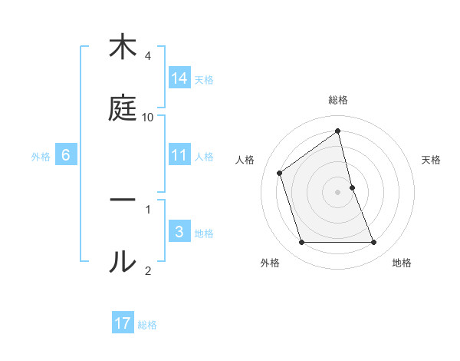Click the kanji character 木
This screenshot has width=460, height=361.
click(x=123, y=48)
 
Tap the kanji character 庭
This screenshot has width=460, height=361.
click(x=123, y=109)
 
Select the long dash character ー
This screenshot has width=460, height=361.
click(x=123, y=199)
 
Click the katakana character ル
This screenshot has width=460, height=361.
click(x=123, y=260)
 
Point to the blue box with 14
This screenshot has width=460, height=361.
click(x=179, y=78)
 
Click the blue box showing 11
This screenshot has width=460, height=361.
click(x=179, y=154)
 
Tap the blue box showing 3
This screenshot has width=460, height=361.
click(x=179, y=232)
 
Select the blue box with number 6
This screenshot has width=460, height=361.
click(x=66, y=155)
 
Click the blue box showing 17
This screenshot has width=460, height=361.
click(x=123, y=323)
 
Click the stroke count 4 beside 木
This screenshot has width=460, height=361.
click(x=148, y=56)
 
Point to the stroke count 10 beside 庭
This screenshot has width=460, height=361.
click(x=148, y=117)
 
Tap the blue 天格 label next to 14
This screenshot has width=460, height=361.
click(x=204, y=79)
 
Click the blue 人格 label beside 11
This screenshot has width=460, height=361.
click(x=204, y=156)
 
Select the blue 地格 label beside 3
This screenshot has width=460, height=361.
click(x=204, y=233)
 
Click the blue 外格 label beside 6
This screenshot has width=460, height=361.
click(x=41, y=157)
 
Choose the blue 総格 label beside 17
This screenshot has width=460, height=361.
click(x=147, y=325)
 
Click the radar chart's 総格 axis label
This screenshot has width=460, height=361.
click(x=338, y=100)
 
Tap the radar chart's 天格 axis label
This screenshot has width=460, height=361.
click(x=432, y=160)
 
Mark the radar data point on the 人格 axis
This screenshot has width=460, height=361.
click(x=280, y=173)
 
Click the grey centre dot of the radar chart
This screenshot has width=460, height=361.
click(x=338, y=191)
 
